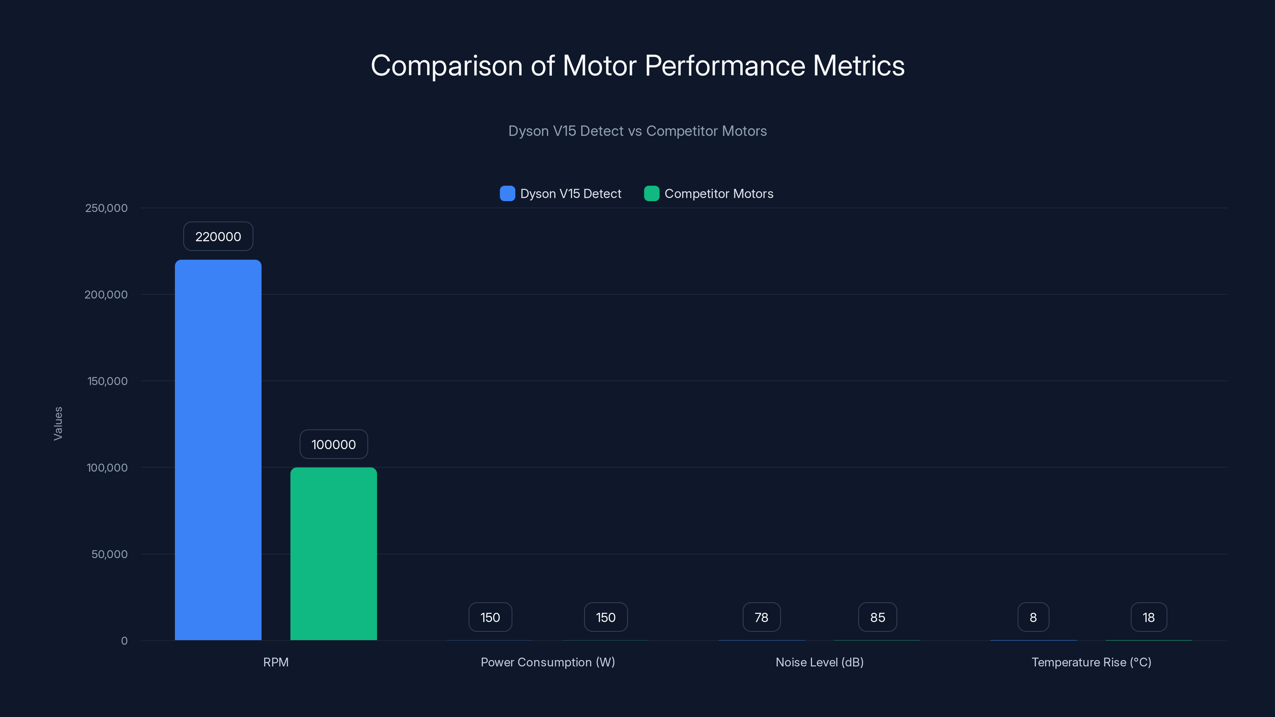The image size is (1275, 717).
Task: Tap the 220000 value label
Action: [218, 237]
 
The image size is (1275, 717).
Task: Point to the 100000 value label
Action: [333, 445]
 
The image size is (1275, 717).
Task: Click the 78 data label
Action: [761, 617]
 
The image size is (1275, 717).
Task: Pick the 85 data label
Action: [877, 617]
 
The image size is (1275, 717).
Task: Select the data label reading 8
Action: [1033, 617]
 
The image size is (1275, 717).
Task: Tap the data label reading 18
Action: [1148, 617]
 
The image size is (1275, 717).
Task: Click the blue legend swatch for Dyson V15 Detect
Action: [507, 194]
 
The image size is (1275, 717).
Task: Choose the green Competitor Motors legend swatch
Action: [651, 194]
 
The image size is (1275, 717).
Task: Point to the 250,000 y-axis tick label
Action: [106, 208]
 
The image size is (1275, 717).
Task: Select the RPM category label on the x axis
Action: [276, 662]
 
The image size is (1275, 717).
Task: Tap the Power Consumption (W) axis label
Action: [547, 662]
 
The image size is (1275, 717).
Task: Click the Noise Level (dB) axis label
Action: [819, 662]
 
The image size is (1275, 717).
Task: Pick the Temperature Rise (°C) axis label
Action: [1091, 662]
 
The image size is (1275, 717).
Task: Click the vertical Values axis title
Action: [58, 423]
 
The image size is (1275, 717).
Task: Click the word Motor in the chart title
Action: [599, 65]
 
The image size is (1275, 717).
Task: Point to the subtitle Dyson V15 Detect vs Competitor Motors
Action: [637, 131]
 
